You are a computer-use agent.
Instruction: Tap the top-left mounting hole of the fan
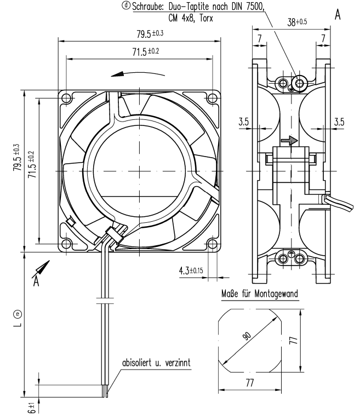[x=66, y=98]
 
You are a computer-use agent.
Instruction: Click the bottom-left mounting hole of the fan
[x=66, y=243]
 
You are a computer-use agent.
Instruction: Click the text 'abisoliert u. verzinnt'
[x=156, y=362]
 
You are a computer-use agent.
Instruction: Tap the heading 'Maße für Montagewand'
[x=259, y=295]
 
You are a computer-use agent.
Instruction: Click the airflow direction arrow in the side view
[x=289, y=141]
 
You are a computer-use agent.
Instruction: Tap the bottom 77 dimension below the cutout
[x=249, y=383]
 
